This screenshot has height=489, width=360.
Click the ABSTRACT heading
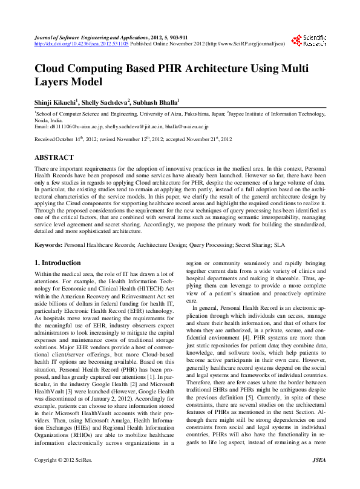54,157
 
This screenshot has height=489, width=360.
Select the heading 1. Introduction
57,263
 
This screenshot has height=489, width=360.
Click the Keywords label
48,247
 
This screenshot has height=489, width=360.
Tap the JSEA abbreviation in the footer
319,478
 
